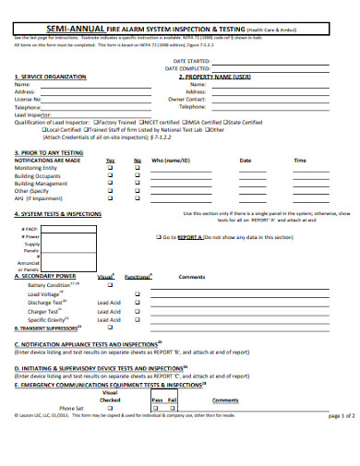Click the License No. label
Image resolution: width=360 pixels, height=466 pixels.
click(x=29, y=99)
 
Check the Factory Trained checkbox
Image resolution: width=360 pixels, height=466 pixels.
click(x=95, y=122)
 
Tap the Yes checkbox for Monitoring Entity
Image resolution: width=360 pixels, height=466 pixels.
click(x=110, y=168)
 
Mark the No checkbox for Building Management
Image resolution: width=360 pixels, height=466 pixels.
click(x=137, y=184)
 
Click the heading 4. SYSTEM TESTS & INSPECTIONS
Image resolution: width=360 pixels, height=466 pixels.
click(x=57, y=213)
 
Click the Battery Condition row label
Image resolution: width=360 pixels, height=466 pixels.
click(x=47, y=285)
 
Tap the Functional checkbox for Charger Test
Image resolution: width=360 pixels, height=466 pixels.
click(x=137, y=311)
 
